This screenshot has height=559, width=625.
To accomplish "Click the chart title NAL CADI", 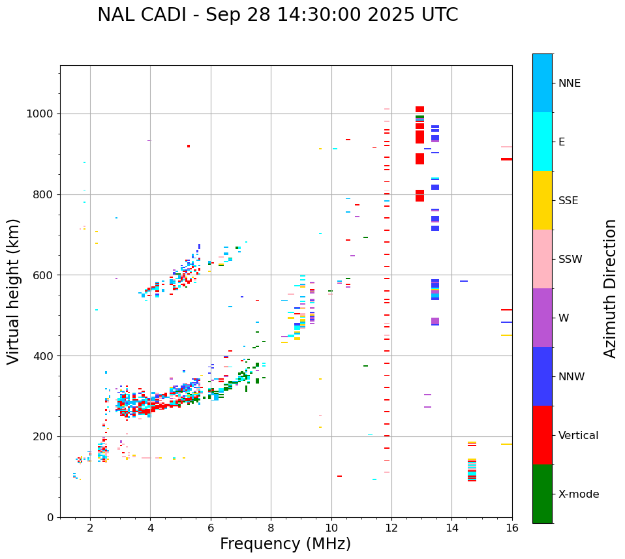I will pyautogui.click(x=277, y=15).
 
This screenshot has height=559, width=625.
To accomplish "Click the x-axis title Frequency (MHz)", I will pyautogui.click(x=285, y=544).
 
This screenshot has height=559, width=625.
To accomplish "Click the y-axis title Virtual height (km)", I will pyautogui.click(x=14, y=291).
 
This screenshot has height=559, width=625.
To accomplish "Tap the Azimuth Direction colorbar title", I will pyautogui.click(x=610, y=288).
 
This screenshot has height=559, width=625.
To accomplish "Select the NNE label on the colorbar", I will pyautogui.click(x=569, y=83).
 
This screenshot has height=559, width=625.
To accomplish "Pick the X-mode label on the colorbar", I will pyautogui.click(x=579, y=494).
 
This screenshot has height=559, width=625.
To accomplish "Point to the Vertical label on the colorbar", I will pyautogui.click(x=578, y=436).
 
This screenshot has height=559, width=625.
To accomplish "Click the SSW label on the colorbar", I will pyautogui.click(x=570, y=260).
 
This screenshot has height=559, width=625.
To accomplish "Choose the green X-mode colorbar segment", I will pyautogui.click(x=542, y=494).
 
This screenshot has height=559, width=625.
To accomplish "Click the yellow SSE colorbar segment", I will pyautogui.click(x=542, y=200).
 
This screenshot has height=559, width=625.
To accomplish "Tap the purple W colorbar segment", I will pyautogui.click(x=542, y=318).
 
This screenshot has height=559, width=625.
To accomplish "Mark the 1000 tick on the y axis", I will pyautogui.click(x=42, y=113).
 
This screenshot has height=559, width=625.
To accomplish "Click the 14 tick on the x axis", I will pyautogui.click(x=451, y=527).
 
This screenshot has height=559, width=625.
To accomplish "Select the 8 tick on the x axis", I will pyautogui.click(x=271, y=527).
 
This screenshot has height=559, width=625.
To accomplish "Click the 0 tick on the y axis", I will pyautogui.click(x=51, y=517).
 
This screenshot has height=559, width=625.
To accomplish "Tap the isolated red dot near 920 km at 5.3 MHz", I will pyautogui.click(x=189, y=146).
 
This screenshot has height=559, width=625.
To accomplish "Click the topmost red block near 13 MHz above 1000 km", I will pyautogui.click(x=419, y=109).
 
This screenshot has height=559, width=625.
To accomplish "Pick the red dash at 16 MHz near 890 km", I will pyautogui.click(x=506, y=159).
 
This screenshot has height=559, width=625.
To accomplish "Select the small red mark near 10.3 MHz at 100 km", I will pyautogui.click(x=339, y=476).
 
